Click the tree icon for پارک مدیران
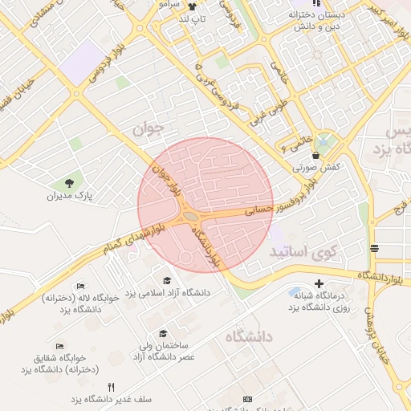(x=68, y=183)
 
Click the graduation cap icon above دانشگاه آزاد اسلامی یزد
(x=167, y=280)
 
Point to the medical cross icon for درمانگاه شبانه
(x=319, y=283)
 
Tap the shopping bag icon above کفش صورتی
(x=315, y=155)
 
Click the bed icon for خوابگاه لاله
(x=80, y=286)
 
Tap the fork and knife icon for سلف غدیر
(x=111, y=386)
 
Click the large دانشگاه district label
(x=249, y=336)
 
